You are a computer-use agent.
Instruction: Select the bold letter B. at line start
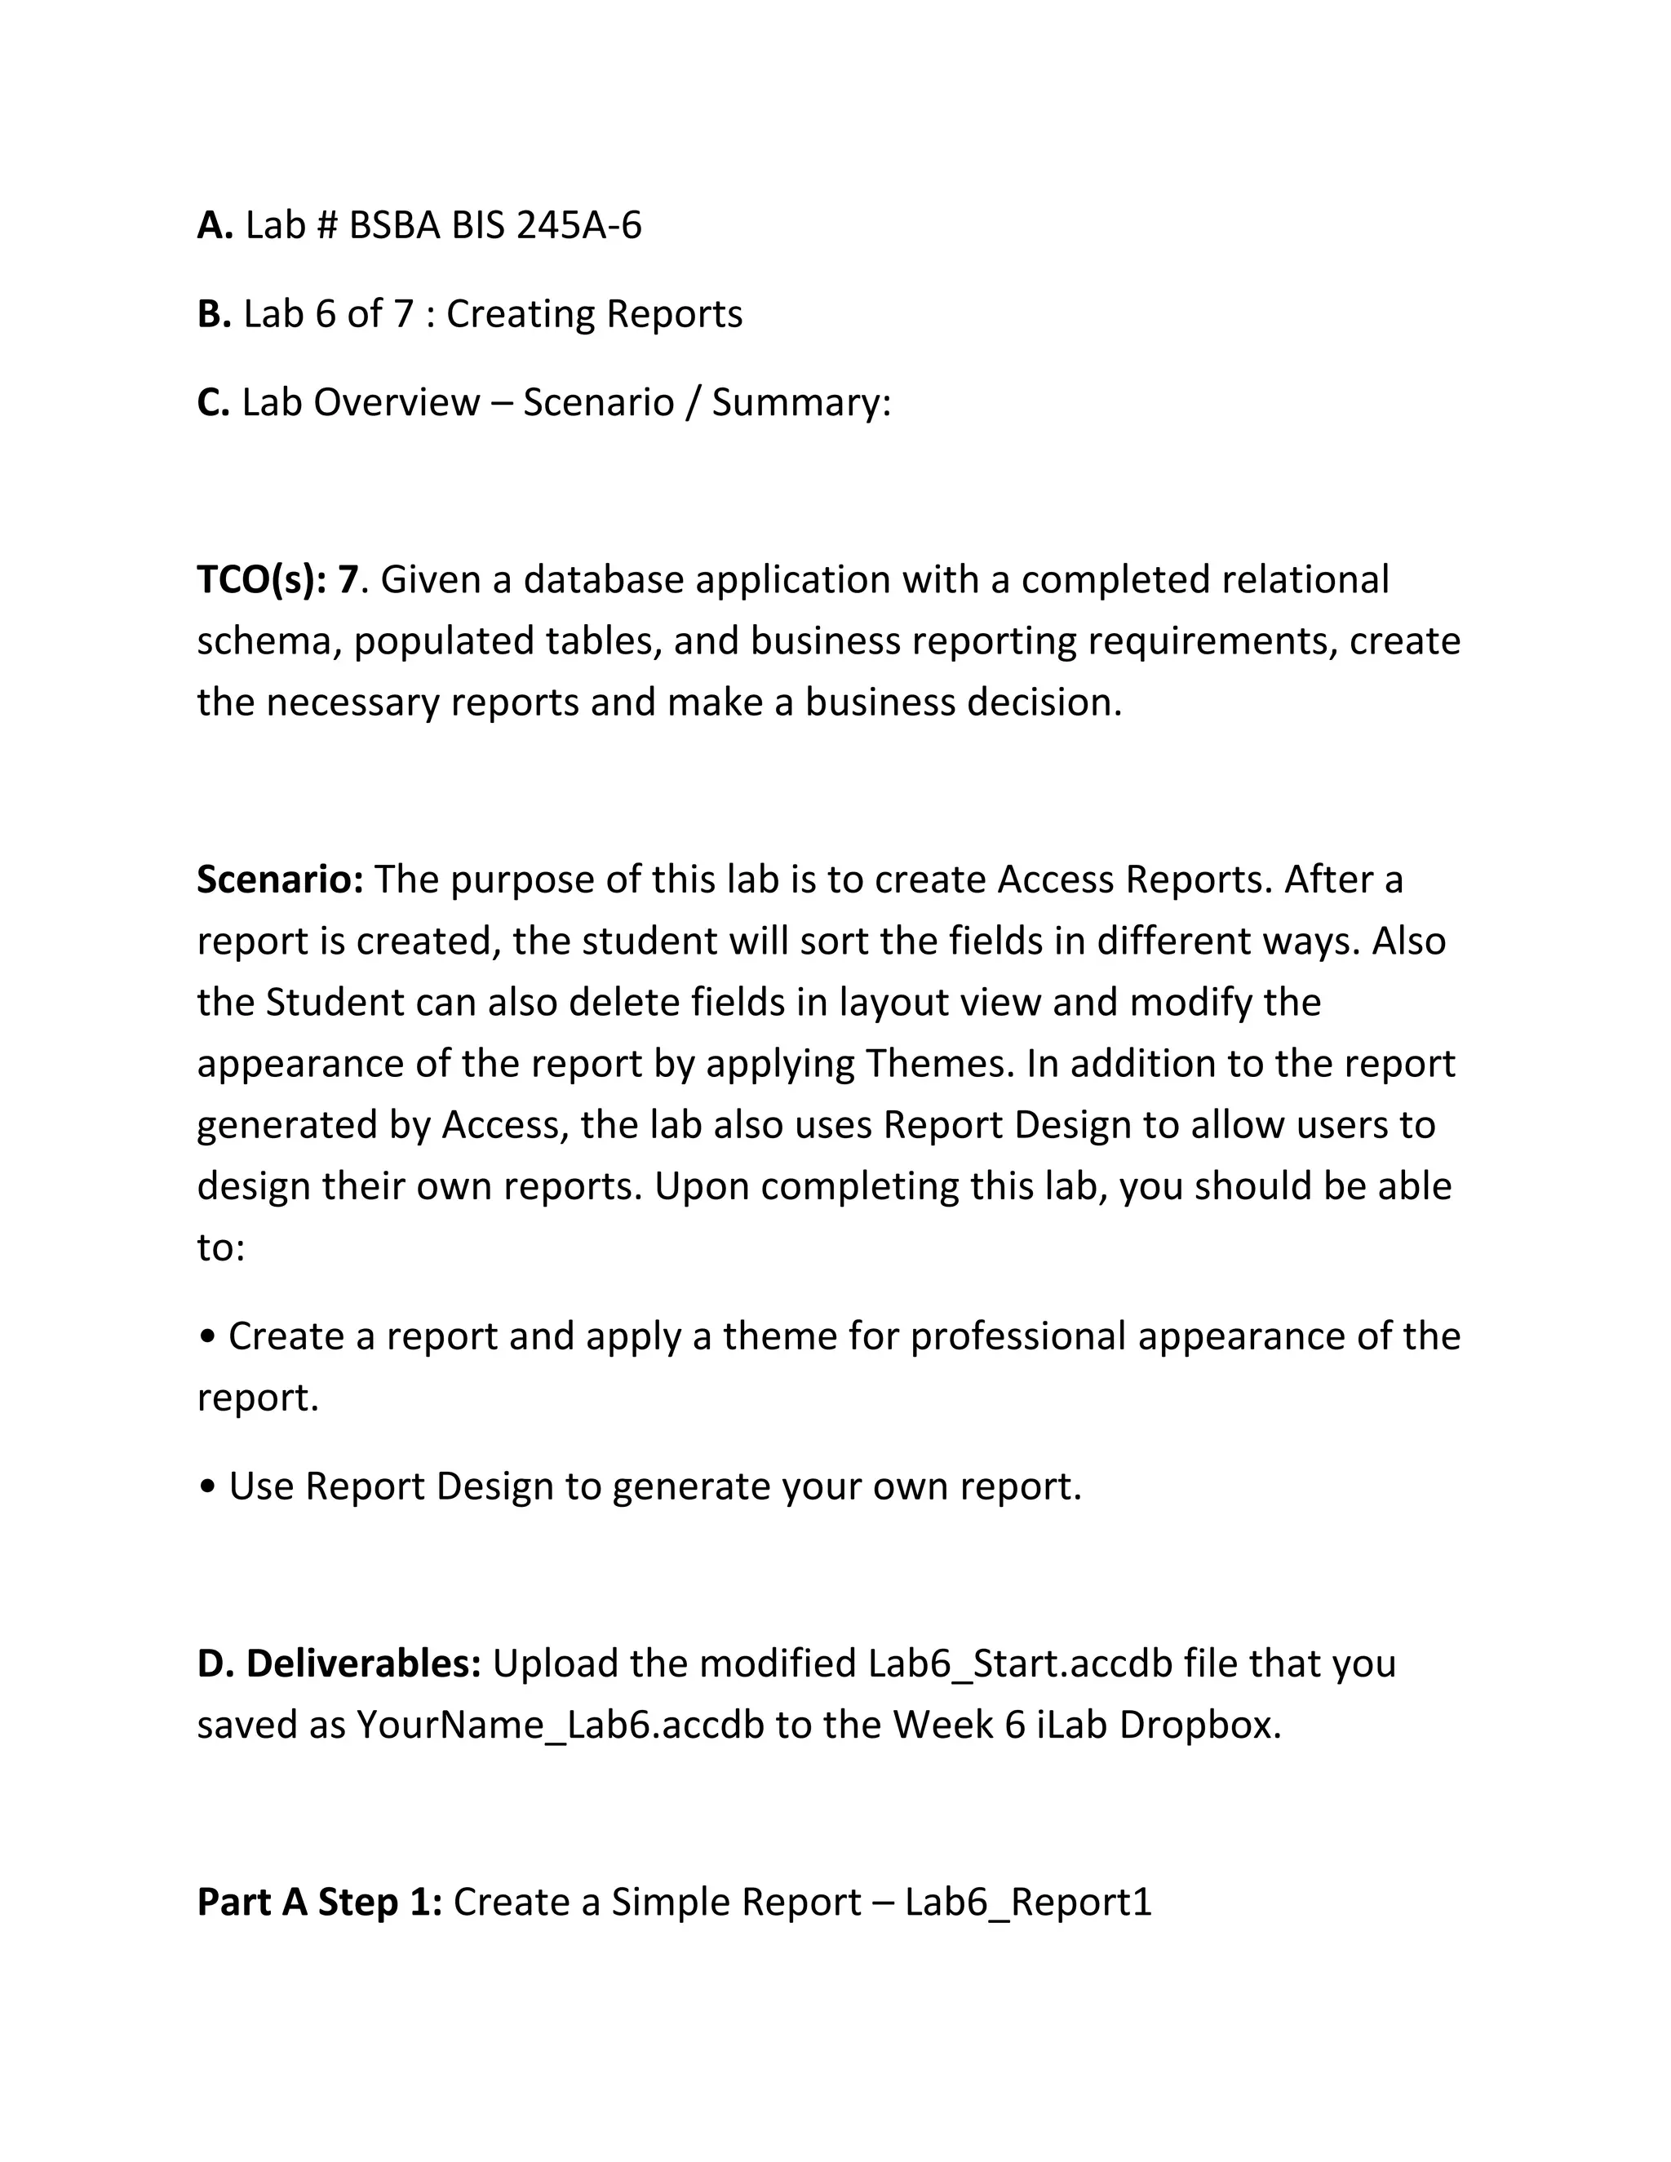214,314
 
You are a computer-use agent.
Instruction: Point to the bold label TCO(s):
261,580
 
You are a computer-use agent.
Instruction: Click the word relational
1305,580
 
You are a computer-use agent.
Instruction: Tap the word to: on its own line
221,1247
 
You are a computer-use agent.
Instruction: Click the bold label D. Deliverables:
339,1664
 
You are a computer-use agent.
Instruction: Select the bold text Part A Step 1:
319,1903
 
